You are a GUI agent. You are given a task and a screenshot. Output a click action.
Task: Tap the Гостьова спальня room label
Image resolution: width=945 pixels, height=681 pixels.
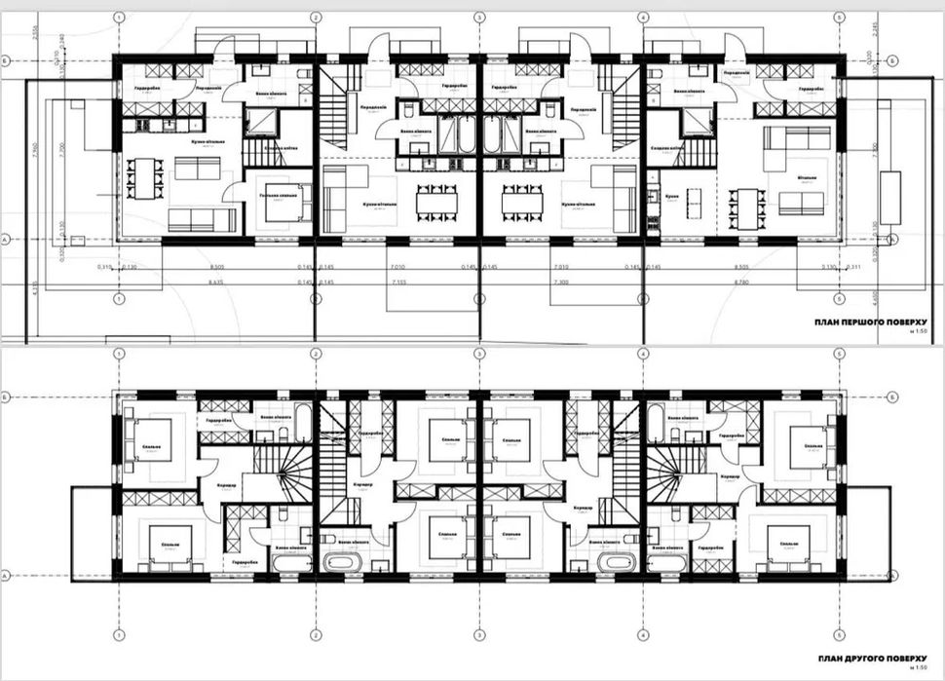(279, 196)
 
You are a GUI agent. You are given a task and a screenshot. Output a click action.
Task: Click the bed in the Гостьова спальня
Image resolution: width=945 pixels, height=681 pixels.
(283, 208)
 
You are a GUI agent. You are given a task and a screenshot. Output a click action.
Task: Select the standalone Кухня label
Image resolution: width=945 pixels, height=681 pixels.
(671, 196)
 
